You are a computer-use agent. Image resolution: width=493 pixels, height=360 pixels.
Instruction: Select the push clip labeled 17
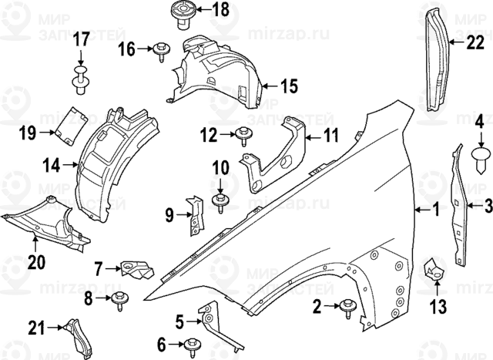pos(81,77)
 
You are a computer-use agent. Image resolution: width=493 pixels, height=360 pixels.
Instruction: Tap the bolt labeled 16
pos(162,52)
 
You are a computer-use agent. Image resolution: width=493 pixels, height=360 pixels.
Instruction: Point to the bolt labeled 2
pos(345,308)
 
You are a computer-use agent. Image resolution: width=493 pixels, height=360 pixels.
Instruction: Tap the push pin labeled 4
pos(480,158)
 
